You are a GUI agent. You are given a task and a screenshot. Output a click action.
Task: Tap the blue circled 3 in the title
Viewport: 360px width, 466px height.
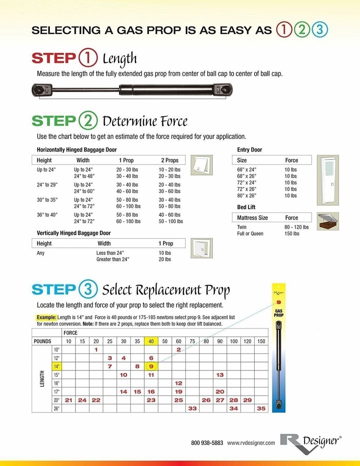320,30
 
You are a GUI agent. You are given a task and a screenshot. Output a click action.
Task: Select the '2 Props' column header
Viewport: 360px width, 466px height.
170,160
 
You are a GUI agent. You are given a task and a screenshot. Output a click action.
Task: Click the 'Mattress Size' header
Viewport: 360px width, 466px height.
252,218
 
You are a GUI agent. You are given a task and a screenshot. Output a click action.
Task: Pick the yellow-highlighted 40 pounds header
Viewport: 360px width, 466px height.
151,342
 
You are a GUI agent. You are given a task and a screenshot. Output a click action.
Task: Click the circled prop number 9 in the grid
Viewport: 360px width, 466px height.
151,366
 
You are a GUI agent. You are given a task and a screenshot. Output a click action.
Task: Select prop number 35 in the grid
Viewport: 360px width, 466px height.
261,408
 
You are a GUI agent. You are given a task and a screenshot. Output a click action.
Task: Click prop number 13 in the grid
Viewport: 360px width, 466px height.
220,375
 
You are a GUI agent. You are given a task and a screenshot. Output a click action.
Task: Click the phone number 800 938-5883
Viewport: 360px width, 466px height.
207,443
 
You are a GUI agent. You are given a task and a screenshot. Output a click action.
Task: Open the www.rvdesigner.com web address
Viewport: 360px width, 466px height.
251,443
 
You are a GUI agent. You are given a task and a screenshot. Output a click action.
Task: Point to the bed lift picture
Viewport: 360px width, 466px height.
327,221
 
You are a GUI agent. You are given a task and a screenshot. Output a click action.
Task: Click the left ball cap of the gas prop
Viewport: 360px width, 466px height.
40,89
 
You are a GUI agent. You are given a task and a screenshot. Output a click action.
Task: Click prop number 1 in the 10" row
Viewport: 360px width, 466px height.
96,349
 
